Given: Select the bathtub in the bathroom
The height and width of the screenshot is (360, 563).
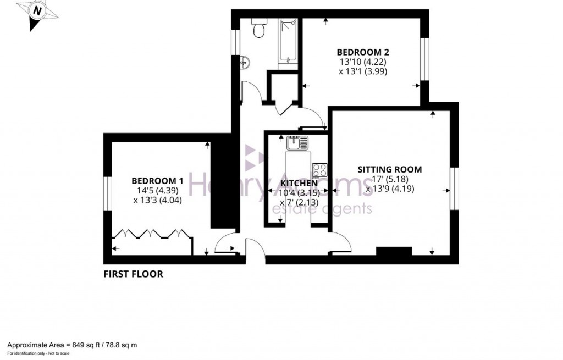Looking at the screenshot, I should pyautogui.click(x=288, y=41).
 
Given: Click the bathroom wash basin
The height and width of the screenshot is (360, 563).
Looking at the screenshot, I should pyautogui.click(x=245, y=63).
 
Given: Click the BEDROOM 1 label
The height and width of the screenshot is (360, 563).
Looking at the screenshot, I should pyautogui.click(x=157, y=180).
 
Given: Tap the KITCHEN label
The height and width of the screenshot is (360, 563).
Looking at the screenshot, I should pyautogui.click(x=299, y=183).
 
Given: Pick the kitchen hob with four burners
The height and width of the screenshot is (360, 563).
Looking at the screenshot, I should pyautogui.click(x=319, y=169).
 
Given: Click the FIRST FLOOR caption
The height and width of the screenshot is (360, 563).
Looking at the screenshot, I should pyautogui.click(x=134, y=274).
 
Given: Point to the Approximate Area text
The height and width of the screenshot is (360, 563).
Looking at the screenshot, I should pyautogui.click(x=71, y=345).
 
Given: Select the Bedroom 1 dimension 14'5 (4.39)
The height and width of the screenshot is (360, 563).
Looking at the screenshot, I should pyautogui.click(x=157, y=190).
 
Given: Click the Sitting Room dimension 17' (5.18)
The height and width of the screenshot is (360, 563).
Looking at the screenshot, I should pyautogui.click(x=390, y=179).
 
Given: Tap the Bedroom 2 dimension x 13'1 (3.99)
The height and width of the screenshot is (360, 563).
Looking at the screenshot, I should pyautogui.click(x=363, y=71).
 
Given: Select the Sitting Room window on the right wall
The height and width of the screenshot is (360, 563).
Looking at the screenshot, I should pyautogui.click(x=454, y=189).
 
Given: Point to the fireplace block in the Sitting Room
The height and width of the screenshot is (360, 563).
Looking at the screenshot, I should pyautogui.click(x=394, y=252).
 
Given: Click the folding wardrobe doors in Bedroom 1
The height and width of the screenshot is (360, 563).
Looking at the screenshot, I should pyautogui.click(x=152, y=235).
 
